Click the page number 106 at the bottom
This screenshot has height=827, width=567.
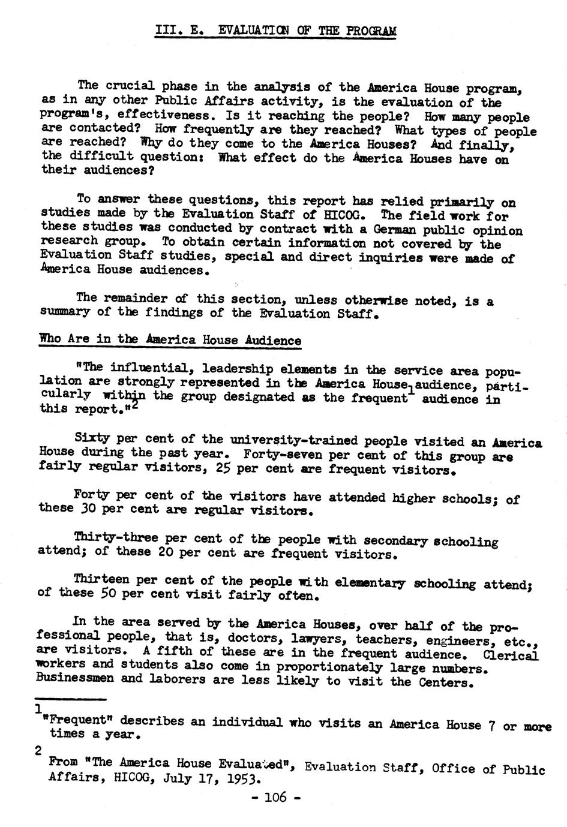275,798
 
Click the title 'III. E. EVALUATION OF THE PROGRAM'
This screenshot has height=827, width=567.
275,31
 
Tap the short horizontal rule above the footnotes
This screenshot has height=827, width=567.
70,699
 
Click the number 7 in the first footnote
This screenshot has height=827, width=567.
491,726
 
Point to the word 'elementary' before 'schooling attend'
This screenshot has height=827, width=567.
370,582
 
